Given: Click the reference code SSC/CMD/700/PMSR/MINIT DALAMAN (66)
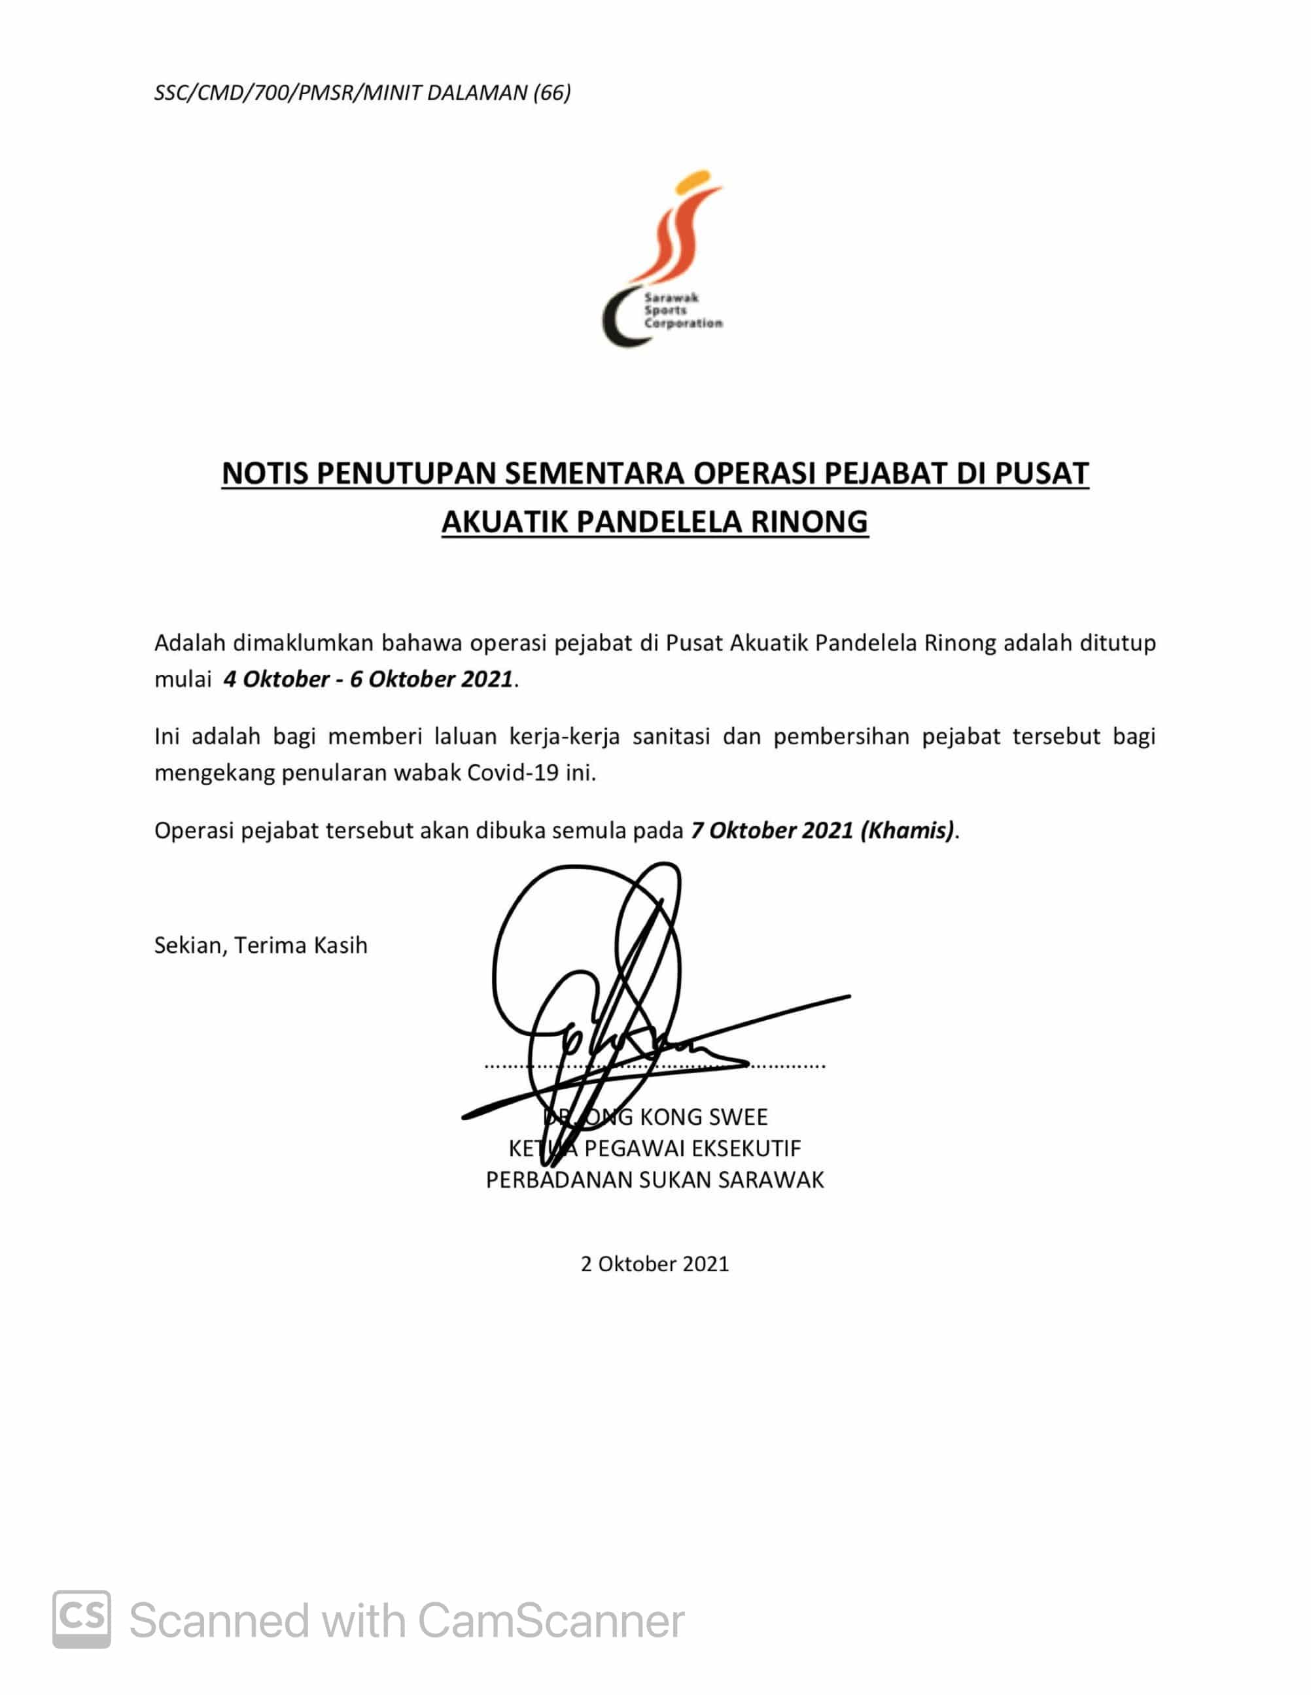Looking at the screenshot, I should pos(362,93).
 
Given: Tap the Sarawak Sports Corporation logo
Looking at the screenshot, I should pos(661,258).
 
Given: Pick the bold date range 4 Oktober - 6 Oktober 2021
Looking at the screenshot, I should pos(368,679).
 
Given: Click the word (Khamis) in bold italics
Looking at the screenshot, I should pos(907,830).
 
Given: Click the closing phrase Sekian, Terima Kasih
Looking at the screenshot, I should pos(261,946).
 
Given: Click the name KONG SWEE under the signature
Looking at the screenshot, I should pos(703,1117).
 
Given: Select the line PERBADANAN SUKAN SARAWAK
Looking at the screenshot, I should pos(654,1180).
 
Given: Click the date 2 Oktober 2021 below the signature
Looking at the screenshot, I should pos(654,1264).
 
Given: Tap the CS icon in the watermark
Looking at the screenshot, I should pos(82,1619).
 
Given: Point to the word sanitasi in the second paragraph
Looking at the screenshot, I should pos(671,736).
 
